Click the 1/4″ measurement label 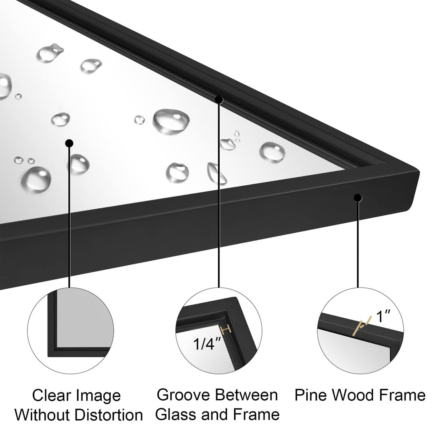pyautogui.click(x=207, y=344)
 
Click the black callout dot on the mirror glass pyautogui.click(x=69, y=143)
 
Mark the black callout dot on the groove pyautogui.click(x=219, y=99)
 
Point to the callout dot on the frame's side pyautogui.click(x=358, y=197)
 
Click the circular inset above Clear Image pyautogui.click(x=70, y=330)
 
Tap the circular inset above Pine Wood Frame pyautogui.click(x=360, y=330)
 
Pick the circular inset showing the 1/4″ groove pyautogui.click(x=219, y=330)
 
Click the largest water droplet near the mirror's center pyautogui.click(x=171, y=121)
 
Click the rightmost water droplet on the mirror pyautogui.click(x=272, y=152)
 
